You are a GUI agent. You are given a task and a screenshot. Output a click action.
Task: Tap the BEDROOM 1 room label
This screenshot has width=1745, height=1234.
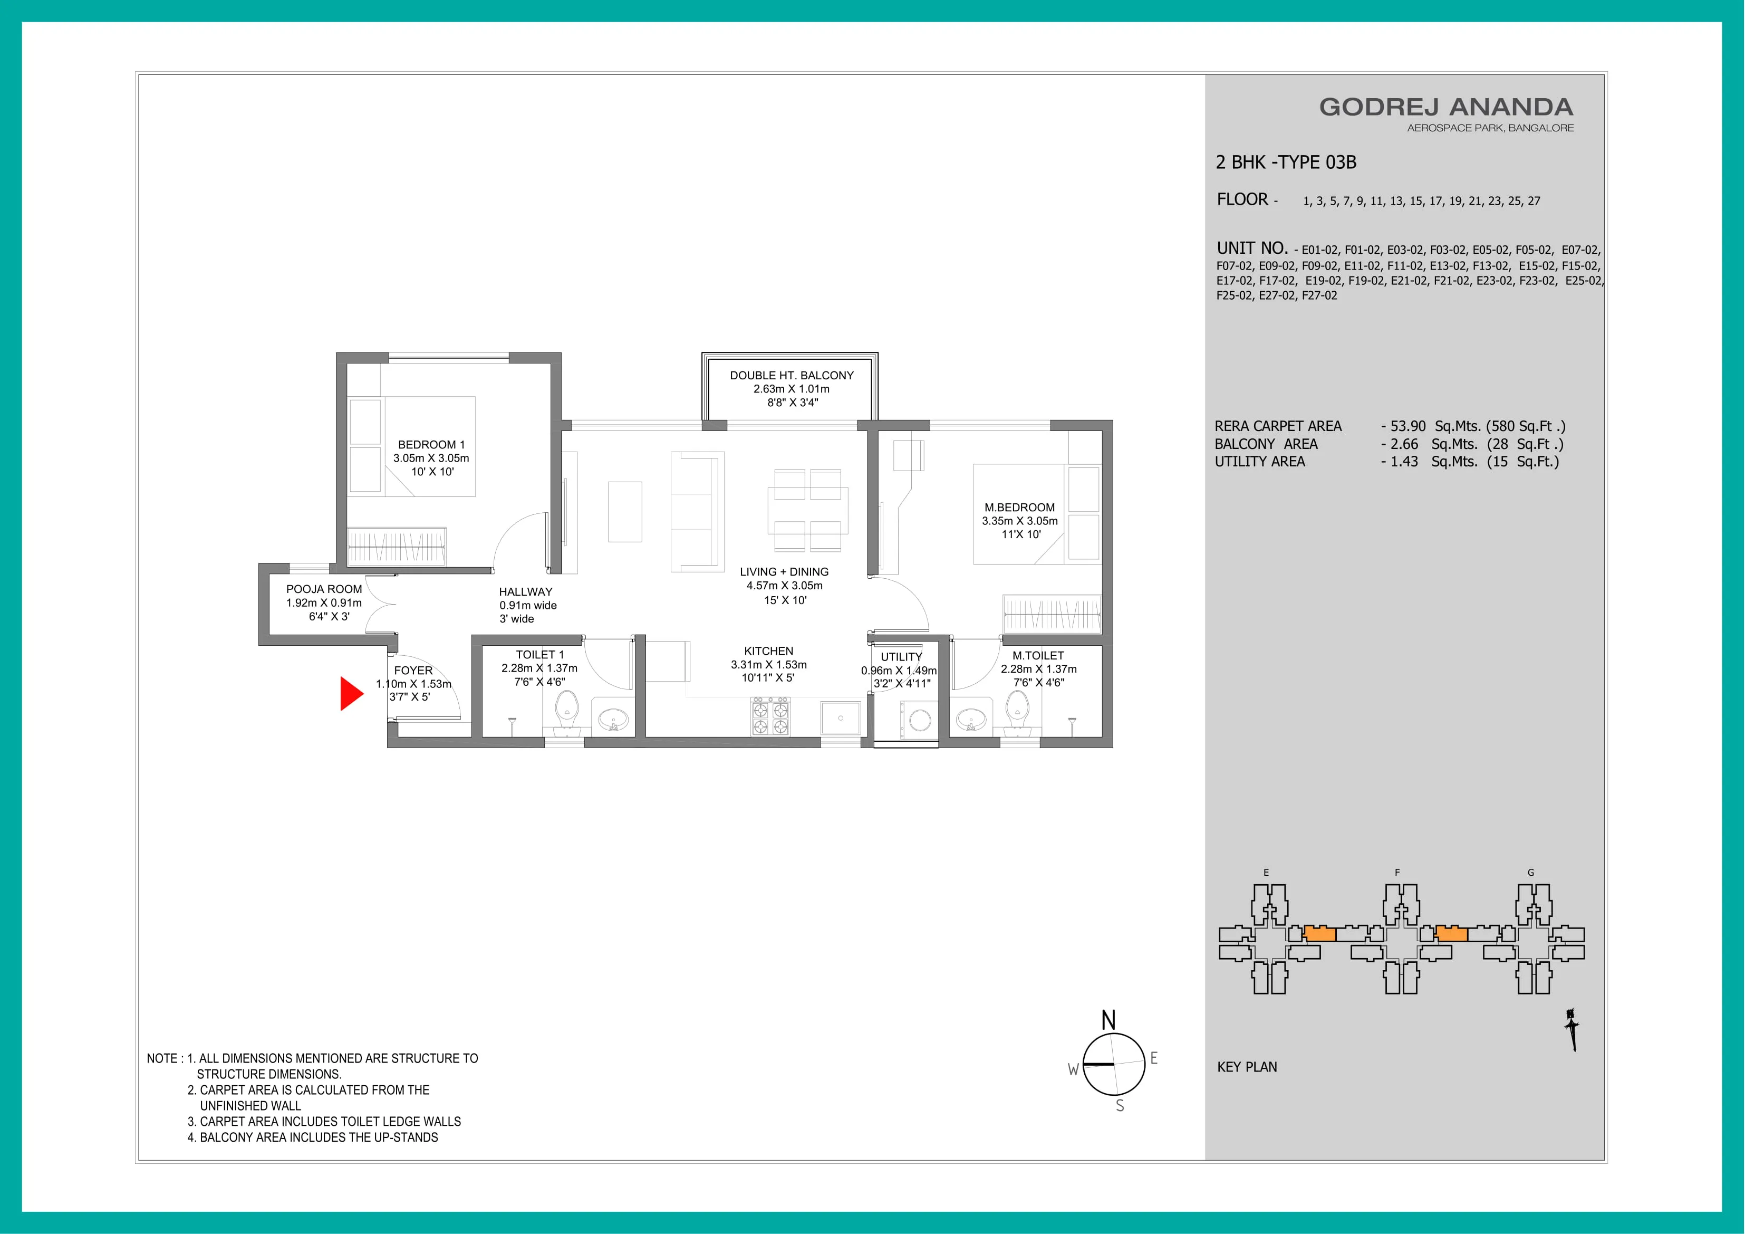(x=431, y=445)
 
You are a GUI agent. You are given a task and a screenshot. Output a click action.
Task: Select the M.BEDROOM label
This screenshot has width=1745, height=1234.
(x=1019, y=507)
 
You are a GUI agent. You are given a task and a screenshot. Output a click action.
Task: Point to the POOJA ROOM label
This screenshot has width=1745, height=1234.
(x=324, y=589)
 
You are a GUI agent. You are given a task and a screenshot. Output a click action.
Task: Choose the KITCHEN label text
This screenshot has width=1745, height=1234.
(x=768, y=652)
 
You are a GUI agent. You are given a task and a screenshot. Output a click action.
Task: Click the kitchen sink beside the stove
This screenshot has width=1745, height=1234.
(x=841, y=718)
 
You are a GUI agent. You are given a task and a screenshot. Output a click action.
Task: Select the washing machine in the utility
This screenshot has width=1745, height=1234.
(x=918, y=719)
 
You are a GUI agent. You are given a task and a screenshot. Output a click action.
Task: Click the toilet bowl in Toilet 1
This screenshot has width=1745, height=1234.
(x=566, y=712)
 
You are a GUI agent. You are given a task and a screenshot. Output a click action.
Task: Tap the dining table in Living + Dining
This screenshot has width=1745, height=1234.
(x=808, y=510)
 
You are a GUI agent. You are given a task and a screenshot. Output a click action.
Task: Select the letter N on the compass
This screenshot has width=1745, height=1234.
(x=1108, y=1020)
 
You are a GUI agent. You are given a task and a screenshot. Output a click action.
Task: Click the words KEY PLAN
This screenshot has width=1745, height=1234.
(x=1247, y=1067)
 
